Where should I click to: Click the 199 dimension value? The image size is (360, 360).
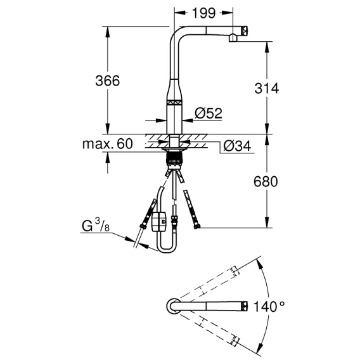coord(204,13)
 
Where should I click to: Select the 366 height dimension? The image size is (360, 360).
coord(108,81)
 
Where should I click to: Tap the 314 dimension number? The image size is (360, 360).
coord(267,88)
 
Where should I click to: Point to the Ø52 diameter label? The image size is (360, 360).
coord(209,113)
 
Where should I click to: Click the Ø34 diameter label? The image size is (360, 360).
coord(237,146)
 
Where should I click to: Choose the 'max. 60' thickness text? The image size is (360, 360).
coord(108,144)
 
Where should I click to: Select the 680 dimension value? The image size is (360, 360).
coord(266,181)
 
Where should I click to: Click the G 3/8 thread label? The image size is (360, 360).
coord(96,225)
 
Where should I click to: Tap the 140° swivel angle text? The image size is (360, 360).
coord(269,307)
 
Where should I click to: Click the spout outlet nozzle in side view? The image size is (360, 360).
coord(233,38)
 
